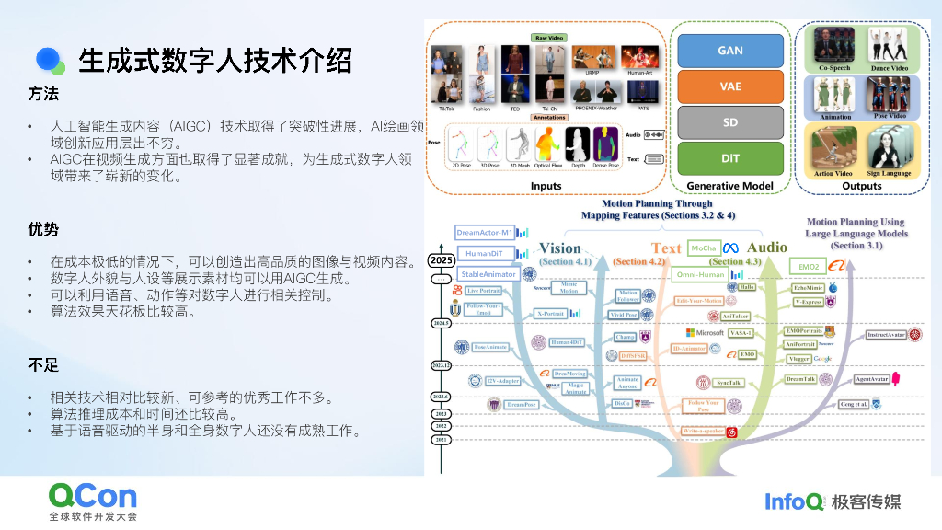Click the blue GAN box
(730, 50)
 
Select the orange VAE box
(730, 86)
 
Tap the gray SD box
(730, 122)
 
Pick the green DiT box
(730, 158)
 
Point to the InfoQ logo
(795, 501)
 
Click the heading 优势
(43, 229)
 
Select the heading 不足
(43, 365)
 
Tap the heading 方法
(43, 94)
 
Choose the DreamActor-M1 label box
(485, 233)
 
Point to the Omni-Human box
(701, 274)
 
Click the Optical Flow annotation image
(547, 146)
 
